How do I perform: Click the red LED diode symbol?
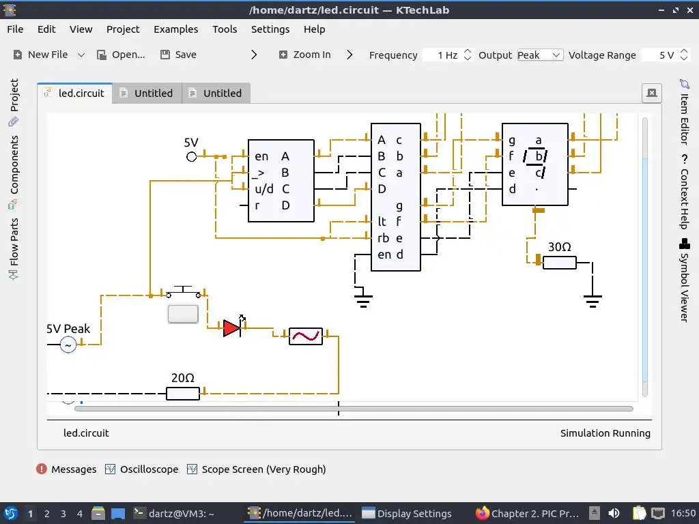click(232, 328)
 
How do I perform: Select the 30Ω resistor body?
click(560, 263)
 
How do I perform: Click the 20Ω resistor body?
click(183, 394)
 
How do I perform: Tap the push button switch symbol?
click(183, 293)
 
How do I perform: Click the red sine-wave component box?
click(305, 336)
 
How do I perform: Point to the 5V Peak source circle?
click(68, 345)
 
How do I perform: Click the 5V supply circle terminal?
click(192, 157)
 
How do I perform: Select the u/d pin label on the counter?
click(264, 189)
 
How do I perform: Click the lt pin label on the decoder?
click(382, 222)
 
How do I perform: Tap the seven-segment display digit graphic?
click(536, 164)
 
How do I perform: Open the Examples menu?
click(175, 29)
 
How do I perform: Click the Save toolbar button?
click(178, 55)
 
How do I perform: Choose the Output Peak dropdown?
click(539, 55)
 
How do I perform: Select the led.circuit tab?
click(75, 93)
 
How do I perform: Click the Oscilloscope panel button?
click(142, 469)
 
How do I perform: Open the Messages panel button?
click(66, 469)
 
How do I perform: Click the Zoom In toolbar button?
click(305, 55)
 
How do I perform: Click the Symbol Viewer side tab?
click(684, 280)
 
